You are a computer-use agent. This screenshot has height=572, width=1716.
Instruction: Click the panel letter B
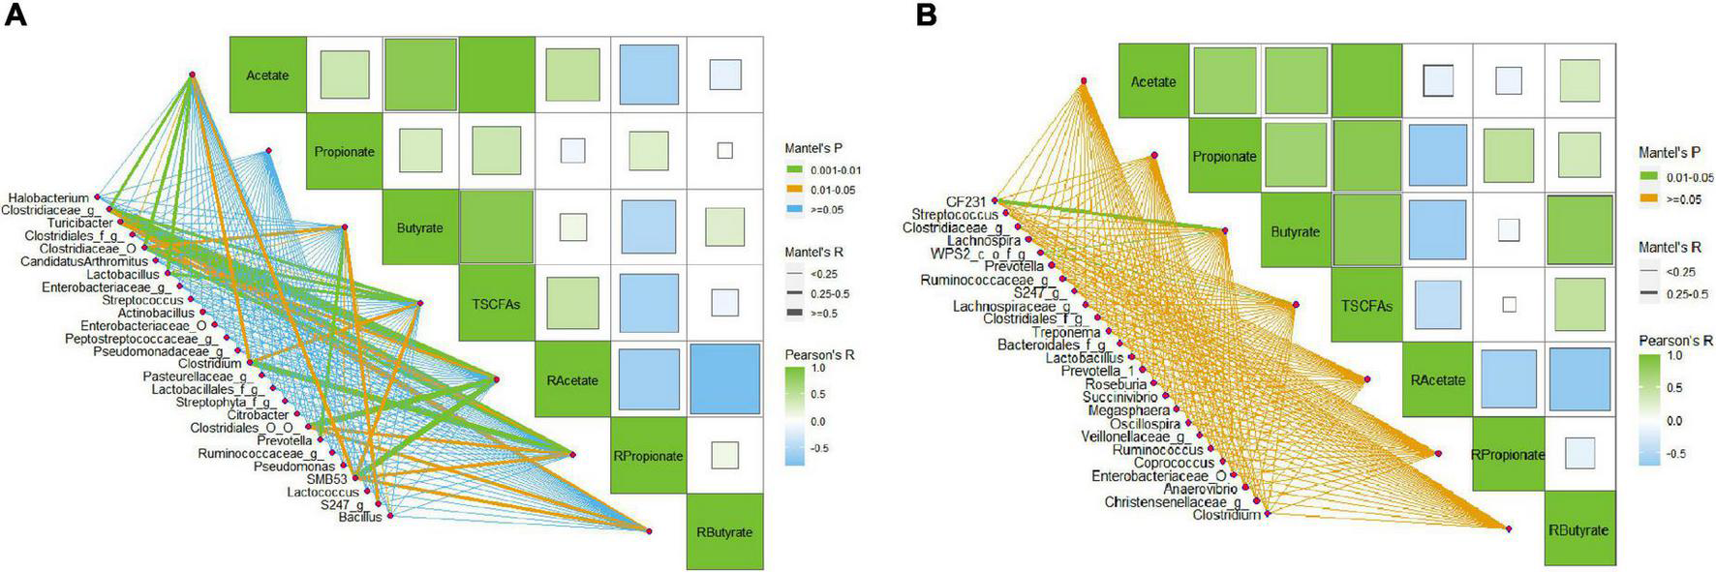tap(926, 16)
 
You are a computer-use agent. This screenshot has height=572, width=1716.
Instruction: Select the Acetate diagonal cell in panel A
tap(267, 75)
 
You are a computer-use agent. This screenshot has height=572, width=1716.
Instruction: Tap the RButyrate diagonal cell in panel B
tap(1579, 529)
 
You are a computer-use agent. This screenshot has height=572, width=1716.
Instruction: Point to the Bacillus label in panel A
tap(360, 519)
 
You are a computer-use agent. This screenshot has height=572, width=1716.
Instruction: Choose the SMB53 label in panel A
tap(326, 479)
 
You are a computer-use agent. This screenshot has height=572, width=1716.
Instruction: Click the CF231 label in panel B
tap(966, 201)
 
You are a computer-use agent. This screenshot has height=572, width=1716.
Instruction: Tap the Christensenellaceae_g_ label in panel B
tap(1173, 502)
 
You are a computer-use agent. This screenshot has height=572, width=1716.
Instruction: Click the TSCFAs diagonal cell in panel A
tap(498, 304)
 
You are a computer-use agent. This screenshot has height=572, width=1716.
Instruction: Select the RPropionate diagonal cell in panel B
tap(1508, 455)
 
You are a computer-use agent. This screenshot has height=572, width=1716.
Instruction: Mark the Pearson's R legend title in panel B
tap(1675, 341)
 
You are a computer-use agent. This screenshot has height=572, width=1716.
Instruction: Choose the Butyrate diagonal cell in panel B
tap(1295, 232)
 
